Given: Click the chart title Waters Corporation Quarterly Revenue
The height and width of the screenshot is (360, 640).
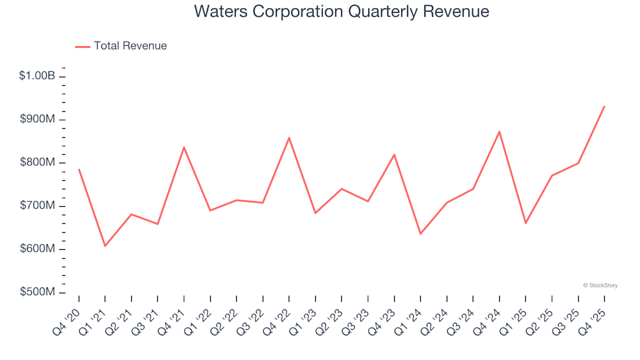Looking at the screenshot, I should click(x=341, y=12).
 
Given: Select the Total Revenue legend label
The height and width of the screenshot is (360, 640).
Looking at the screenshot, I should click(x=130, y=46).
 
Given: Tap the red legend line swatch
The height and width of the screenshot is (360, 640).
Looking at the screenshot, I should click(x=82, y=47).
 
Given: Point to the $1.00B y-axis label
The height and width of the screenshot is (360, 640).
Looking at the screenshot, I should click(x=37, y=76).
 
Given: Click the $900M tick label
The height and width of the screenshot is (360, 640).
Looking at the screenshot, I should click(x=39, y=119).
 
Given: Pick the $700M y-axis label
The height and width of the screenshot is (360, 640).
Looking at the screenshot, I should click(x=39, y=206).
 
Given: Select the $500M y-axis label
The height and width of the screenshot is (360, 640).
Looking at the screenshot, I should click(x=39, y=293).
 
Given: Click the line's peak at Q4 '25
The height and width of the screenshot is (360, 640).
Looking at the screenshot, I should click(x=604, y=107).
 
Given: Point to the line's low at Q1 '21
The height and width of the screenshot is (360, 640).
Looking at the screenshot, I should click(x=105, y=246).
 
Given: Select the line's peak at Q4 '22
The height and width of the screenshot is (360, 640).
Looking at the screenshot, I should click(x=289, y=137).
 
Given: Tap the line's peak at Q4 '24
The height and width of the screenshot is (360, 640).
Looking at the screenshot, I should click(x=499, y=131).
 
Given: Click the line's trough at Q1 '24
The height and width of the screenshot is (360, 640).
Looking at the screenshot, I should click(x=420, y=234).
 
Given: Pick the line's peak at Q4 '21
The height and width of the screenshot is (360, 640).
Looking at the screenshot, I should click(x=183, y=147).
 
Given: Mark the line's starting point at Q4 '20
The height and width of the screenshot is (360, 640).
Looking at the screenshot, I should click(x=79, y=169).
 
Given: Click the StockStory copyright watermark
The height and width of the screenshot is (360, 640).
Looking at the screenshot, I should click(x=600, y=285).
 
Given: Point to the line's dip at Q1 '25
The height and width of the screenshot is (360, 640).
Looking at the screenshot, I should click(x=525, y=223).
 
